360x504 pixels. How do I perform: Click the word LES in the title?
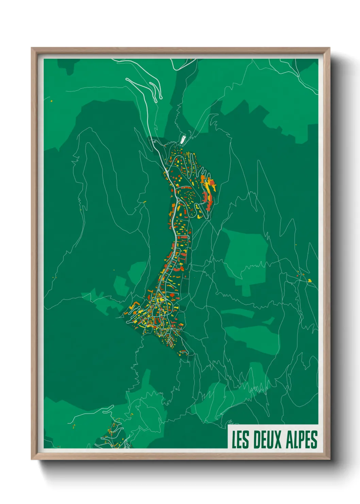[x=241, y=440]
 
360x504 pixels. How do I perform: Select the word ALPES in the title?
[x=301, y=440]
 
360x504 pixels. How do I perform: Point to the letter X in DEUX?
[x=278, y=440]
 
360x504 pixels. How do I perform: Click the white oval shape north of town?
[x=183, y=139]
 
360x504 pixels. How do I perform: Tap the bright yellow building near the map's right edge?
[x=310, y=281]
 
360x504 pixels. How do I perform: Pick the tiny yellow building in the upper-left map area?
[x=51, y=101]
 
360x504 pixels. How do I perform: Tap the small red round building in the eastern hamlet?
[x=298, y=274]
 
